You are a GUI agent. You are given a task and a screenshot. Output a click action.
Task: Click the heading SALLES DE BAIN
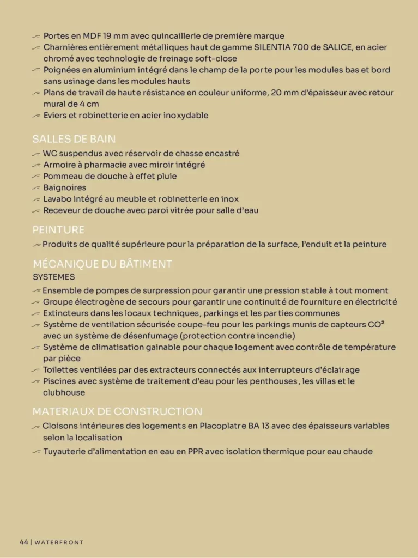coord(74,139)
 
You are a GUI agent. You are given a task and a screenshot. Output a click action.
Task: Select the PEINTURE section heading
coord(58,230)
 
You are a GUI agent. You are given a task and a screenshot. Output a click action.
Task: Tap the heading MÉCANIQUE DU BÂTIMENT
coord(102,264)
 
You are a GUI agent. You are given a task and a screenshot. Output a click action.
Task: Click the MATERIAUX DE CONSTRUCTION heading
coord(117,411)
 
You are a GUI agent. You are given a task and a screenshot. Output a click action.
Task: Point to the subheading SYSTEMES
coord(53,277)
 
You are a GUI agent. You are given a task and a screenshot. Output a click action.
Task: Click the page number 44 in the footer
coord(23,542)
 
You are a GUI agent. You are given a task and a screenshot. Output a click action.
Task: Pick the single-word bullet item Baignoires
coord(64,188)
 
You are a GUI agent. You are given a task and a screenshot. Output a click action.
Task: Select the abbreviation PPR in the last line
coord(195,452)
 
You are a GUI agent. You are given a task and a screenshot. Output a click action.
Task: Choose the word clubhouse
coord(64,392)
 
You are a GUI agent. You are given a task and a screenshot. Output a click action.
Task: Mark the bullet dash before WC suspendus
coord(37,154)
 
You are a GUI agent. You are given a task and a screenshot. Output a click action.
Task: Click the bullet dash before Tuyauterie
coord(37,452)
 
